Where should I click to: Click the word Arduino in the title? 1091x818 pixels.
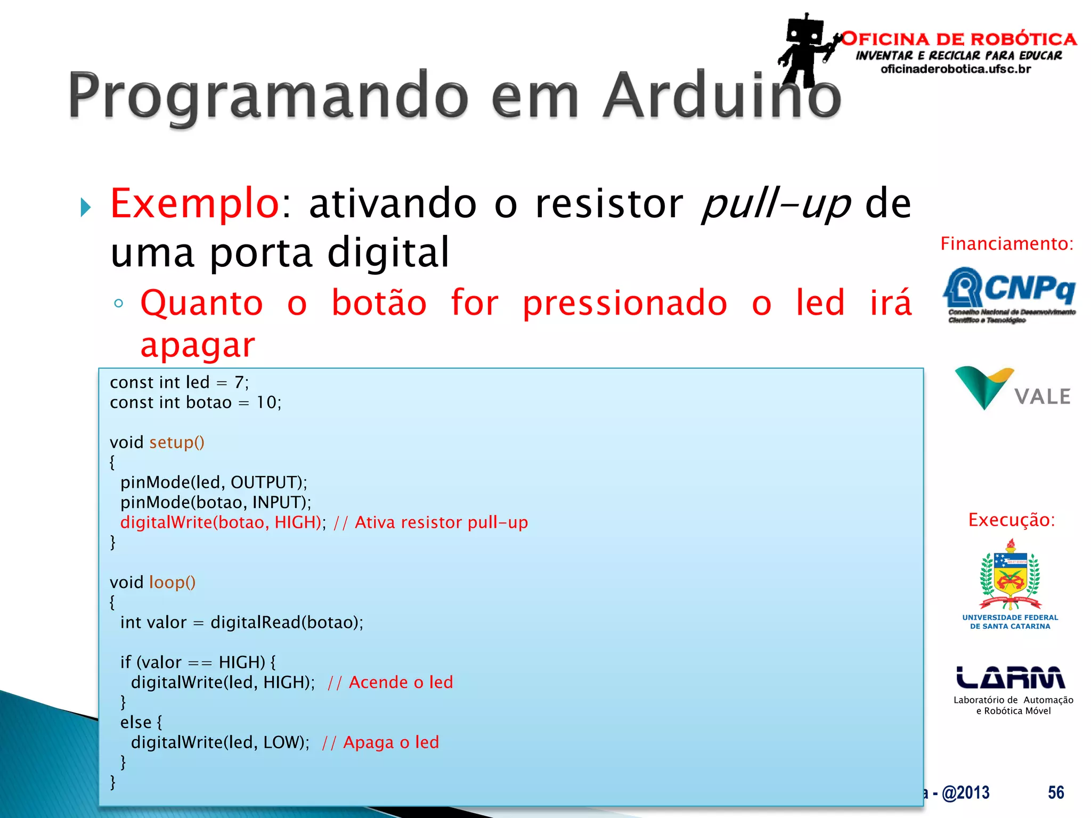tap(722, 96)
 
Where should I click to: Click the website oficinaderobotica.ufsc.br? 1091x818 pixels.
tap(956, 69)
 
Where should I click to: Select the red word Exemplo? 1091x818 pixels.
tap(195, 203)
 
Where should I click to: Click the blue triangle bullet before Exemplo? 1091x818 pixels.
tap(85, 207)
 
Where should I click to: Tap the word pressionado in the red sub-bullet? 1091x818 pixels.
tap(624, 303)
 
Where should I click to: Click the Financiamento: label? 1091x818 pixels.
tap(1006, 244)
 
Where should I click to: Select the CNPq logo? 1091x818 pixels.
tap(1009, 295)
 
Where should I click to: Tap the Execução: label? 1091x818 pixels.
tap(1011, 520)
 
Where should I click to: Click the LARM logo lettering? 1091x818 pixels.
tap(1010, 678)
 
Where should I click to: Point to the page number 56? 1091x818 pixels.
tap(1055, 792)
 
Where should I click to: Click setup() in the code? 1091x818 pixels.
tap(176, 443)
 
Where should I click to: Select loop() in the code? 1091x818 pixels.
tap(172, 583)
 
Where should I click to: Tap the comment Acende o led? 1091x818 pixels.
tap(401, 682)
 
